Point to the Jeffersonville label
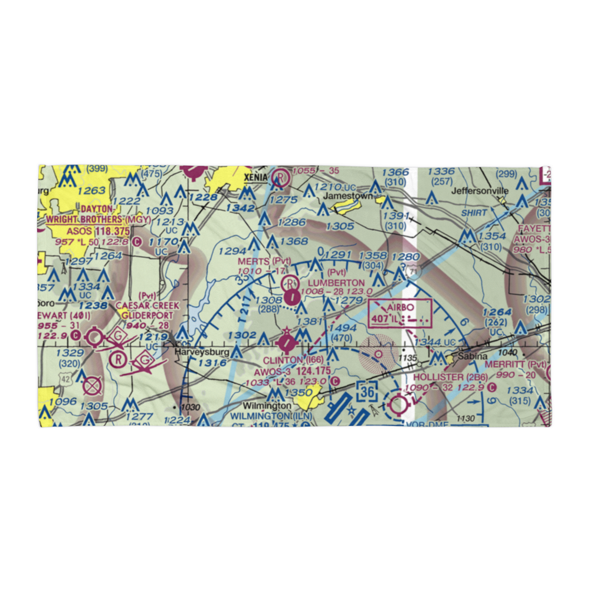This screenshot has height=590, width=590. pyautogui.click(x=480, y=191)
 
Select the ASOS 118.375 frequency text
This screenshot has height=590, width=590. pyautogui.click(x=98, y=231)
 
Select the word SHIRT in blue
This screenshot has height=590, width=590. pyautogui.click(x=474, y=213)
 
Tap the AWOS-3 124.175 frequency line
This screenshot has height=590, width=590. pyautogui.click(x=292, y=372)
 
